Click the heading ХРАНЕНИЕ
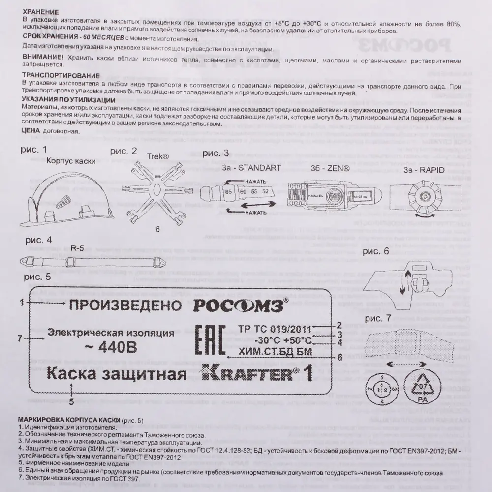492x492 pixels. [41, 11]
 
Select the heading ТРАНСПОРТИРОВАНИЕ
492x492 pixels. [61, 76]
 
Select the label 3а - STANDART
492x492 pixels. [251, 168]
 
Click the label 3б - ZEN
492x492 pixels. [330, 168]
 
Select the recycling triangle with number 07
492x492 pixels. [421, 385]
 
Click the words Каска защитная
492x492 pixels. [116, 374]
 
